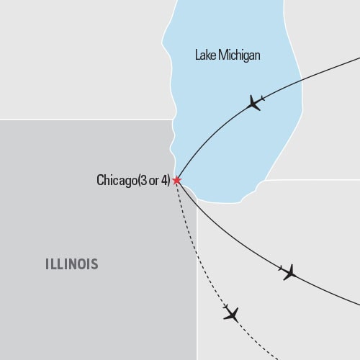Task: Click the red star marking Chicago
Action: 176,181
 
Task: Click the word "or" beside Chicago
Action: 156,181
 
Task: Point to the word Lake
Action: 207,55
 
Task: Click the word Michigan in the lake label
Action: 240,55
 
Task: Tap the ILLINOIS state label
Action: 68,264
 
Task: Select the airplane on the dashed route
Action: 231,313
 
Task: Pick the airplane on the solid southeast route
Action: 289,272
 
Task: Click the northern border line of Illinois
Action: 86,119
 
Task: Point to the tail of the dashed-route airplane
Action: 225,308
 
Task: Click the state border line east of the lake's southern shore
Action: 310,180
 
